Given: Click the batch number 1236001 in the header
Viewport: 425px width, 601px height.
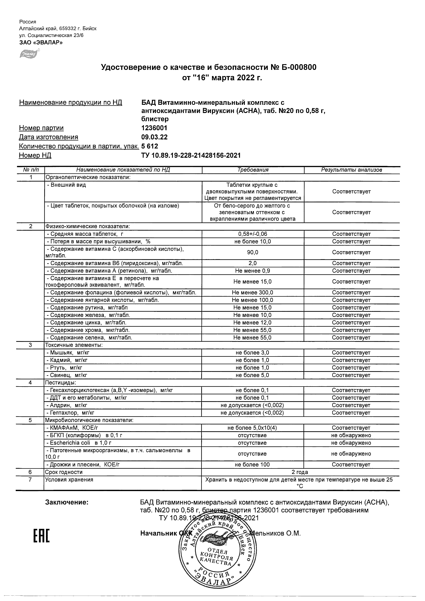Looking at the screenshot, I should (x=154, y=128).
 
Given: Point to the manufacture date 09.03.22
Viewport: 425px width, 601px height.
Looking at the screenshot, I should (x=154, y=137).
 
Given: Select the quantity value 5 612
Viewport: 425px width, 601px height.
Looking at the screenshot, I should (x=150, y=146).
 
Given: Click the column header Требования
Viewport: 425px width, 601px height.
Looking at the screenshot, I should (x=253, y=170).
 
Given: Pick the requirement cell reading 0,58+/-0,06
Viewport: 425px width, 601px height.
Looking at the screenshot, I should (x=253, y=234).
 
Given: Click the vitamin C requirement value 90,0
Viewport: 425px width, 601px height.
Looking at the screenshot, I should (x=253, y=252).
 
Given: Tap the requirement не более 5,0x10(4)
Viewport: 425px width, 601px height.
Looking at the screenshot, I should (x=252, y=428).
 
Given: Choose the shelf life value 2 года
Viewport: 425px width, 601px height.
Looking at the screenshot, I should (x=300, y=472).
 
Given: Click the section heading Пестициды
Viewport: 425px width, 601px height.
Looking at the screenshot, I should (x=60, y=383).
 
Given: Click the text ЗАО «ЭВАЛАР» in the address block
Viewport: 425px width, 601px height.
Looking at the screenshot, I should (x=41, y=42).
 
